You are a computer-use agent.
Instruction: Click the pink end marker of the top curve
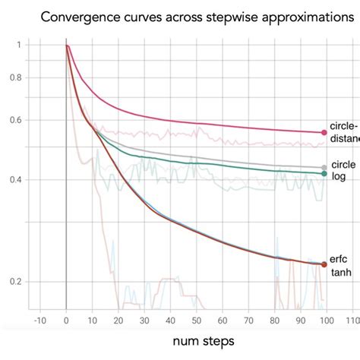[324, 132]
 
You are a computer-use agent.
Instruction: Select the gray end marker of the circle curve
[324, 167]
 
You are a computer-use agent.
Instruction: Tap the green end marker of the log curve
[324, 174]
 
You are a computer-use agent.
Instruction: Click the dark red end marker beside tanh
[324, 264]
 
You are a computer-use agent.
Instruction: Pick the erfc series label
[338, 258]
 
